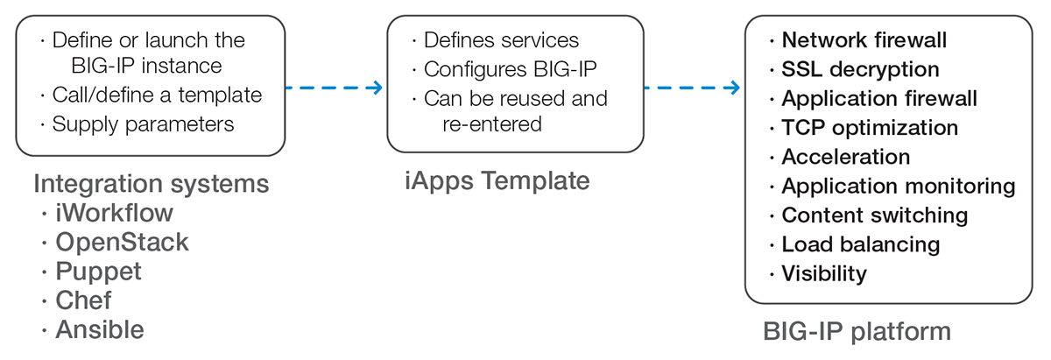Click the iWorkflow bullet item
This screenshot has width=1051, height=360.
click(114, 213)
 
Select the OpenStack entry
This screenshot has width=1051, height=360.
click(122, 243)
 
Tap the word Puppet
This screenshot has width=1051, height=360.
click(98, 272)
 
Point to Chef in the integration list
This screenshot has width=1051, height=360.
click(83, 300)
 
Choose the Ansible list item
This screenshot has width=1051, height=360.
click(100, 329)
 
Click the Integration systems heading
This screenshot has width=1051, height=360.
click(151, 184)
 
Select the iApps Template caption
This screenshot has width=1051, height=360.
click(497, 181)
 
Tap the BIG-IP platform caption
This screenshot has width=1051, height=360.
click(857, 332)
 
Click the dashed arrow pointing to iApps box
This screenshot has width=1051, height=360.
click(334, 88)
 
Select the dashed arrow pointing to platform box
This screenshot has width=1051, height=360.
click(692, 88)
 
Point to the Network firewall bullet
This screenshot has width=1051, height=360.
click(864, 40)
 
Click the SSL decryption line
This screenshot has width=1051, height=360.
click(860, 70)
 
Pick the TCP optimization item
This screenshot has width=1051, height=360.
click(870, 128)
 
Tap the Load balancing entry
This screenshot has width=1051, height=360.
click(861, 245)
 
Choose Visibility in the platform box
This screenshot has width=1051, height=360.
click(824, 274)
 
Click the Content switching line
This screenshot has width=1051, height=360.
click(875, 215)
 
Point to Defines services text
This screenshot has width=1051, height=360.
click(502, 40)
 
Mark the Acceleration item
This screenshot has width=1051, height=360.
click(846, 158)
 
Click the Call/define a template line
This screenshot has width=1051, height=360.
click(157, 95)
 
